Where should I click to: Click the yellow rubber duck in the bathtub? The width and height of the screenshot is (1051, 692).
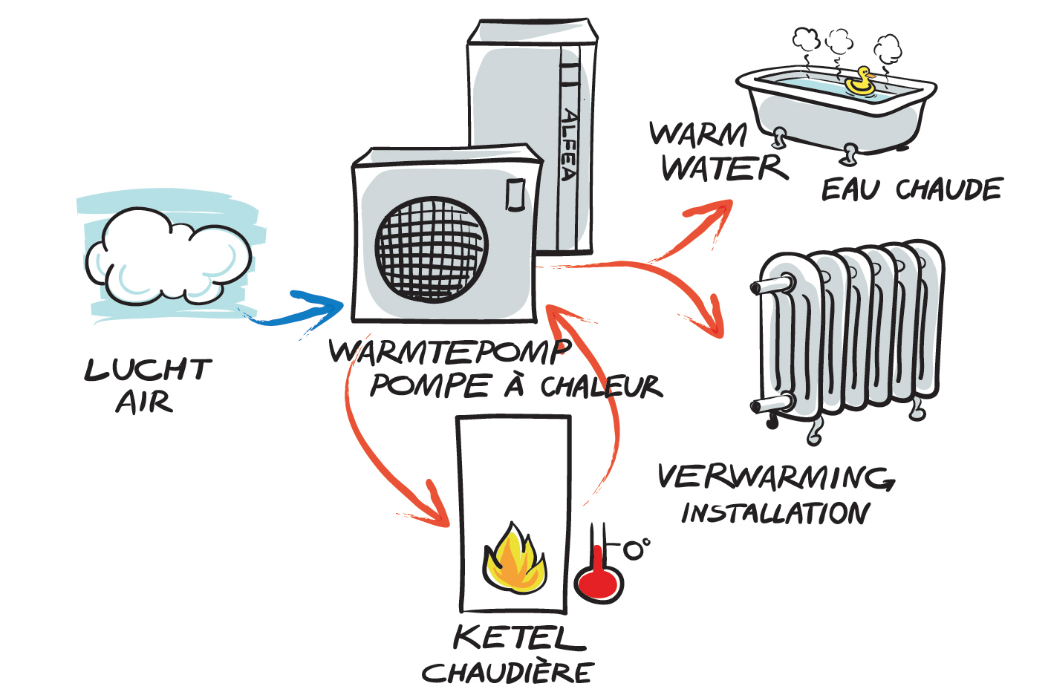tap(859, 82)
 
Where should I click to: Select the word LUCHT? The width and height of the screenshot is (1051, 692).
tap(148, 370)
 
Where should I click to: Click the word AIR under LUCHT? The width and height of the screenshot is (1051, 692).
tap(145, 402)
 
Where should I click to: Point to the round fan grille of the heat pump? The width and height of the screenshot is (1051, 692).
tap(431, 249)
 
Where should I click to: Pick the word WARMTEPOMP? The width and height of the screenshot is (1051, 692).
tap(449, 351)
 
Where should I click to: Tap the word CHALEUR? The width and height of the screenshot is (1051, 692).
tap(601, 387)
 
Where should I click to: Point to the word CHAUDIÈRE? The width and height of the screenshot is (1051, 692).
tap(507, 672)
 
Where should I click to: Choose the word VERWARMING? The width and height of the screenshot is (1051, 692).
tap(776, 477)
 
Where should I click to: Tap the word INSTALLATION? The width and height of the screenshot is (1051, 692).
tap(775, 513)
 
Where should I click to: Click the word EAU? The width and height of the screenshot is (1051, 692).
tap(850, 190)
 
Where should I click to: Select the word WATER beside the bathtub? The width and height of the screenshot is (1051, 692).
tap(724, 168)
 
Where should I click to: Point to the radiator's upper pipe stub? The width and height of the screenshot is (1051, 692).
tap(772, 284)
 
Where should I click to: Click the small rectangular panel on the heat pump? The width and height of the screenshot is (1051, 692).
tap(515, 195)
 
